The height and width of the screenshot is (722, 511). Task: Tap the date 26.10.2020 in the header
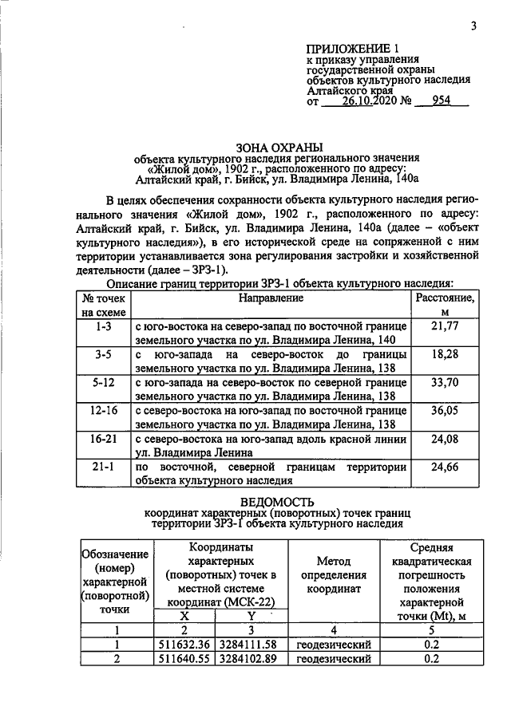(x=370, y=101)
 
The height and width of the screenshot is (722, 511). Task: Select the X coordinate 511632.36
(x=184, y=645)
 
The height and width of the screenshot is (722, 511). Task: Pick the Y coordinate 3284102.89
(x=251, y=659)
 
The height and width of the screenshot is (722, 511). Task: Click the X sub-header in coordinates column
(x=184, y=616)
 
